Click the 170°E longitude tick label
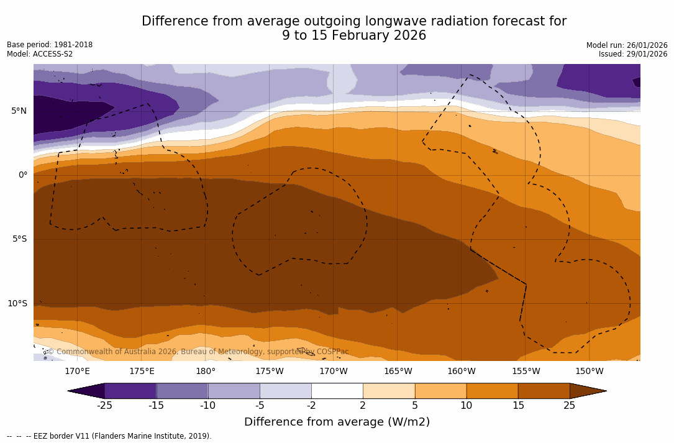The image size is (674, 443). [77, 372]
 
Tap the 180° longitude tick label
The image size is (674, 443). [206, 372]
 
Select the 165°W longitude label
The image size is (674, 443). [398, 372]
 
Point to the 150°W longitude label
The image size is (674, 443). [590, 372]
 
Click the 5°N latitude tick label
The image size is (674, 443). [19, 111]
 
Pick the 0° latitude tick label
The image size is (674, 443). [23, 175]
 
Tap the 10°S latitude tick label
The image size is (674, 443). [17, 304]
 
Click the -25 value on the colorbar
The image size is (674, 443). [104, 406]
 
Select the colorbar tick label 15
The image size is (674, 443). [518, 406]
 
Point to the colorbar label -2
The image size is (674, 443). [311, 406]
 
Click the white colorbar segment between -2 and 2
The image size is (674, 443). [337, 391]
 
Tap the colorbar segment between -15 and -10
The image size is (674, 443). [182, 391]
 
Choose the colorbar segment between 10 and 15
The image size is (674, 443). [492, 391]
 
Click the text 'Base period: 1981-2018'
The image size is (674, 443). [50, 45]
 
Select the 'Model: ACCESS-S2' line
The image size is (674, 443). [40, 54]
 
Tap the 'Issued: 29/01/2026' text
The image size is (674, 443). [633, 54]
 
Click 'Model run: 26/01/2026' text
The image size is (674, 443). [627, 45]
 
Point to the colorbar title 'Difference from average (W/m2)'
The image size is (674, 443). [337, 422]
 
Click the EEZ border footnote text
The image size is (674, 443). [109, 436]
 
